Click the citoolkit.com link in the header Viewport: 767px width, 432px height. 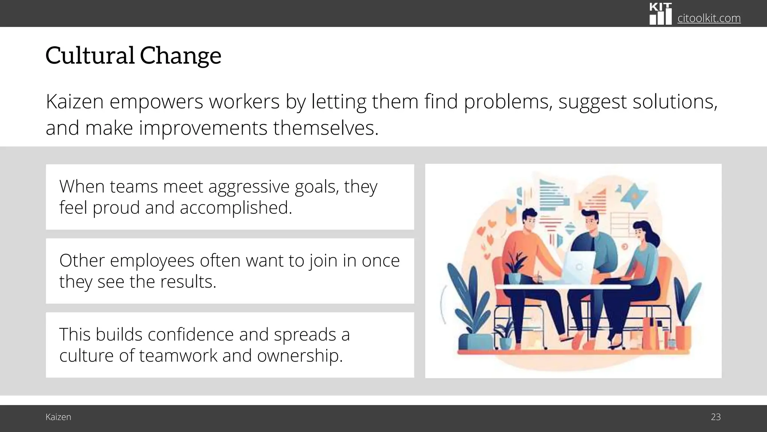click(x=709, y=18)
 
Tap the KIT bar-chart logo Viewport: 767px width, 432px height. click(x=660, y=14)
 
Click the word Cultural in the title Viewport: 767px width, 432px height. click(x=90, y=55)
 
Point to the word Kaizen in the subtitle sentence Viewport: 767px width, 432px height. click(x=75, y=102)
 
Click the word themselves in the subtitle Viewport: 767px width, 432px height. click(x=326, y=128)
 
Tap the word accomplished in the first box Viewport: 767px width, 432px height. click(x=236, y=208)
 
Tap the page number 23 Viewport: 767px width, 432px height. click(x=715, y=417)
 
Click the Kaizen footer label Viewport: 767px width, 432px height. click(x=58, y=417)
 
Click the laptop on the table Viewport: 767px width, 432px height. click(x=578, y=267)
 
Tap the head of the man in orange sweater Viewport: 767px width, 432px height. click(x=529, y=220)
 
